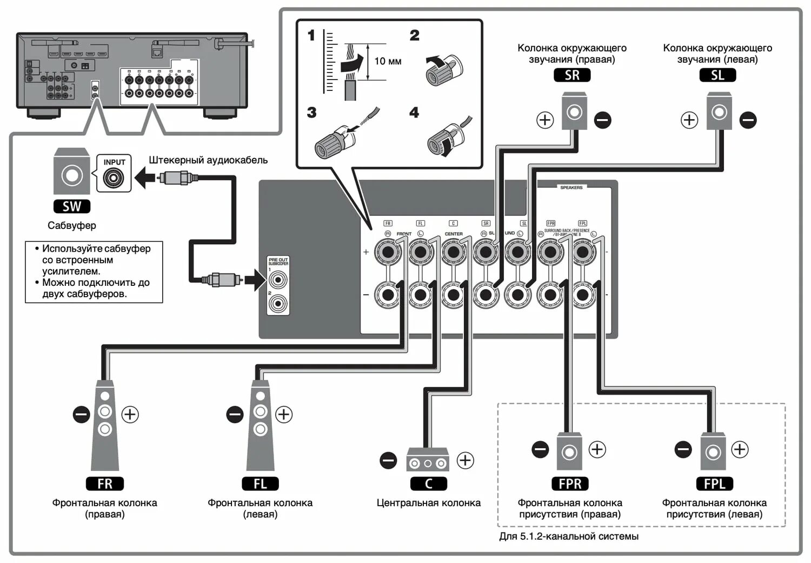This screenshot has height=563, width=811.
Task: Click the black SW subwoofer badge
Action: tap(72, 206)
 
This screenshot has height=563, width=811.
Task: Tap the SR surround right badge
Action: tap(572, 75)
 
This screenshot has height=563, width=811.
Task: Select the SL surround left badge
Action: tap(717, 75)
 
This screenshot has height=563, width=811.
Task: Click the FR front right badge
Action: tap(105, 483)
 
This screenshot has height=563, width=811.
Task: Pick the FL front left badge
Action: tap(260, 483)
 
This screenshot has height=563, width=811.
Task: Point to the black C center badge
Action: tap(428, 483)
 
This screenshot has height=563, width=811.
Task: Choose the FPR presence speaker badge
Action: tap(570, 483)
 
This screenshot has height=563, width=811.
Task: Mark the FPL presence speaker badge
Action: tap(714, 483)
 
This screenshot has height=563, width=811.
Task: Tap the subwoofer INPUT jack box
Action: tap(114, 173)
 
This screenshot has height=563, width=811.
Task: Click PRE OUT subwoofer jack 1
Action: tap(278, 280)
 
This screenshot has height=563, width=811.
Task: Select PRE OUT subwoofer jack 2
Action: tap(278, 303)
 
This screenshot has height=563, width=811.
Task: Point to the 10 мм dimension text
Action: tap(388, 61)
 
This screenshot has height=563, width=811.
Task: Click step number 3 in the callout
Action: tap(311, 113)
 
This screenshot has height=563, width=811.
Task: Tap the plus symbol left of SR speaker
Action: tap(545, 120)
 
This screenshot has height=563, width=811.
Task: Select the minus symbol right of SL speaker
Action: tap(748, 120)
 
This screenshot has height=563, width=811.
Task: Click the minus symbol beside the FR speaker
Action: tap(81, 415)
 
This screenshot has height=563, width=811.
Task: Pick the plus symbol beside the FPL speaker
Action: tap(740, 449)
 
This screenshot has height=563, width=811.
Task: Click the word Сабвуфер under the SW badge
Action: tap(72, 226)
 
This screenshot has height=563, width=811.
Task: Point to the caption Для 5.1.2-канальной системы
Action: tap(569, 536)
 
